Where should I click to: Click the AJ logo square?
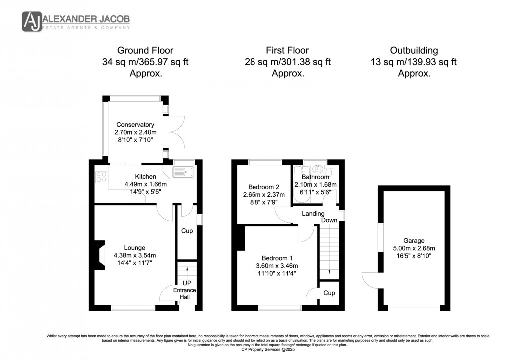pos(32,21)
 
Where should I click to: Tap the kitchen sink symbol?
pos(184,172)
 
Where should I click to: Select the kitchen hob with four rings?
pos(102,176)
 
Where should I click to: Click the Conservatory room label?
pos(135,125)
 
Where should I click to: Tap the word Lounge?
pos(135,248)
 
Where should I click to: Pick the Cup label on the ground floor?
pos(187,231)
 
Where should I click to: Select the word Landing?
pos(313,213)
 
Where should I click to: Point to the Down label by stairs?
pos(329,220)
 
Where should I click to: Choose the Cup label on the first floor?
pos(329,293)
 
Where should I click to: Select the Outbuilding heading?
pos(414,50)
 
